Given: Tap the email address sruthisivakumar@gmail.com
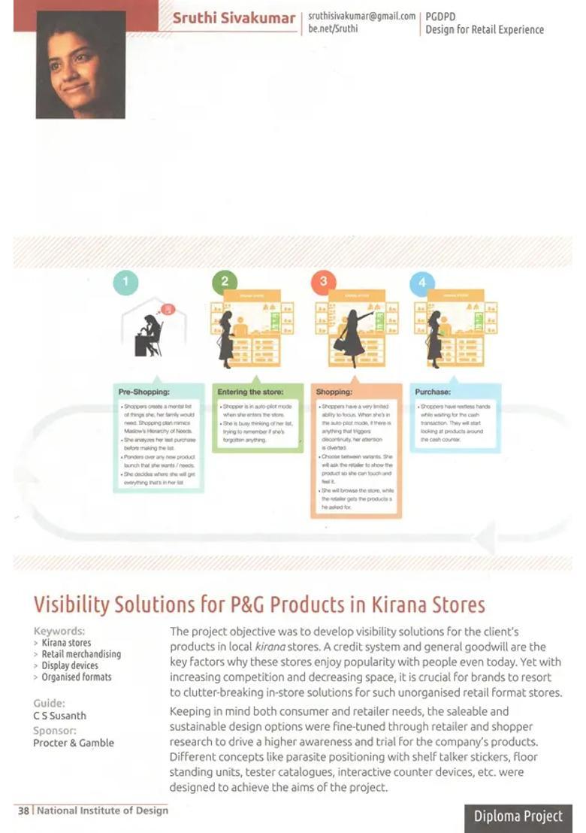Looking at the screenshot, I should (361, 16).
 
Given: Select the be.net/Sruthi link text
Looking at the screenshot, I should (333, 29).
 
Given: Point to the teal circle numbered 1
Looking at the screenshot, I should (125, 283).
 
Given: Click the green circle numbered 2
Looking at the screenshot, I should (224, 283).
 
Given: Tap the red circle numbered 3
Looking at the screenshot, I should (323, 283).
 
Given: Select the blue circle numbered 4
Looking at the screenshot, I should (421, 283).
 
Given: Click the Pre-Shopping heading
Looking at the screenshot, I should (144, 392).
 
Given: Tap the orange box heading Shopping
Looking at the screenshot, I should (334, 392).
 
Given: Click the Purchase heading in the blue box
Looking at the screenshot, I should (433, 392).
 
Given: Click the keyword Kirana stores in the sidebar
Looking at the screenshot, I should (66, 643).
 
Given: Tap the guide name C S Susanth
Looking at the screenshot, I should (59, 716).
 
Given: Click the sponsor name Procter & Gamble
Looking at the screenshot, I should (74, 743).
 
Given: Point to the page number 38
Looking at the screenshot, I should (23, 810).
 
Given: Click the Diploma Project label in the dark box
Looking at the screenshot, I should (518, 816).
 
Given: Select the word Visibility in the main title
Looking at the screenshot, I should (74, 604).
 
